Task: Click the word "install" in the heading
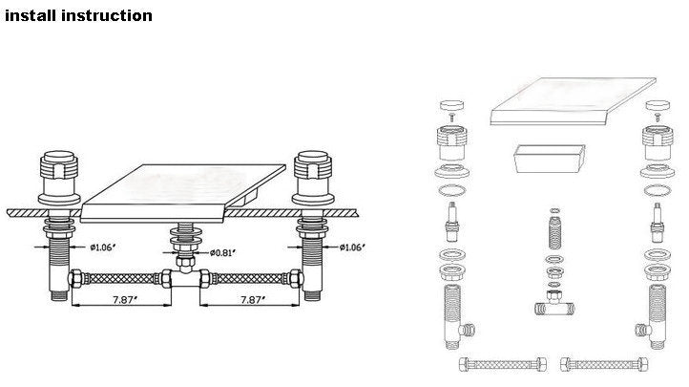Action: click(31, 15)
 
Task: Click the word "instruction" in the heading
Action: click(107, 15)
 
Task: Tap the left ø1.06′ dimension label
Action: click(103, 247)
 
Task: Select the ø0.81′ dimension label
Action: click(222, 252)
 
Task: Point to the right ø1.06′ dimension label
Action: click(352, 247)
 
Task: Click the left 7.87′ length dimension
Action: click(125, 300)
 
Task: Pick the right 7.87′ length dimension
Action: click(253, 300)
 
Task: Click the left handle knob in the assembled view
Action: click(59, 165)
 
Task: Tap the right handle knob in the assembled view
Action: click(312, 165)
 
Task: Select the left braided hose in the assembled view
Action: click(120, 278)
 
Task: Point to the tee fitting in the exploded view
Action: click(554, 304)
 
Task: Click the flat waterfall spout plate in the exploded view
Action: click(573, 101)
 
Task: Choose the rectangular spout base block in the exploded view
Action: click(550, 159)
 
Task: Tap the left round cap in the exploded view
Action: click(451, 105)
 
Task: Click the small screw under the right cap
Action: click(658, 117)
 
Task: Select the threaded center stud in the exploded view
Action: click(555, 232)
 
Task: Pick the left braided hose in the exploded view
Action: click(503, 364)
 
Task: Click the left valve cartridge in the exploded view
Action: click(452, 222)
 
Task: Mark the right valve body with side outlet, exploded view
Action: click(654, 316)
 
